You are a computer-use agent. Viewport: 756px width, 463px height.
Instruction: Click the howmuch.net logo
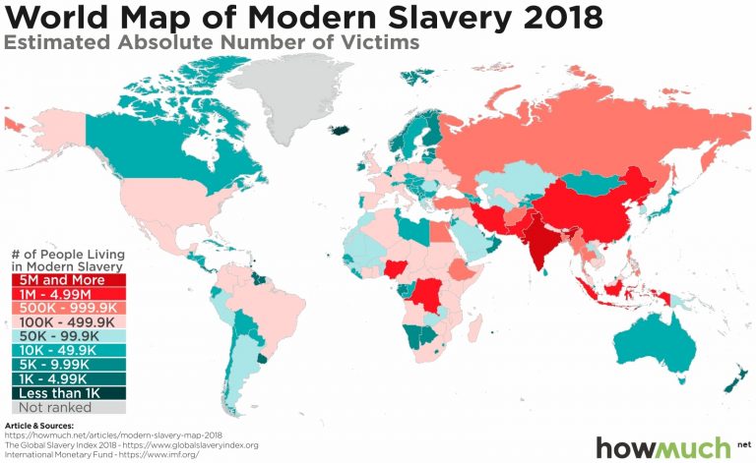(669, 444)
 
